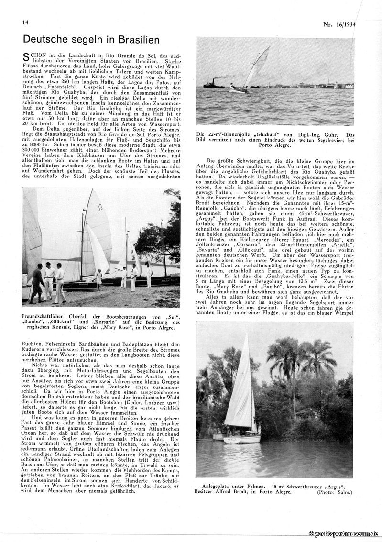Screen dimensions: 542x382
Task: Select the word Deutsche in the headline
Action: coord(44,39)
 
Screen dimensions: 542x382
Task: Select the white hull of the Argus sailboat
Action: coord(242,439)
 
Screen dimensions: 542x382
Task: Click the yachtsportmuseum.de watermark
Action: coord(344,533)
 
